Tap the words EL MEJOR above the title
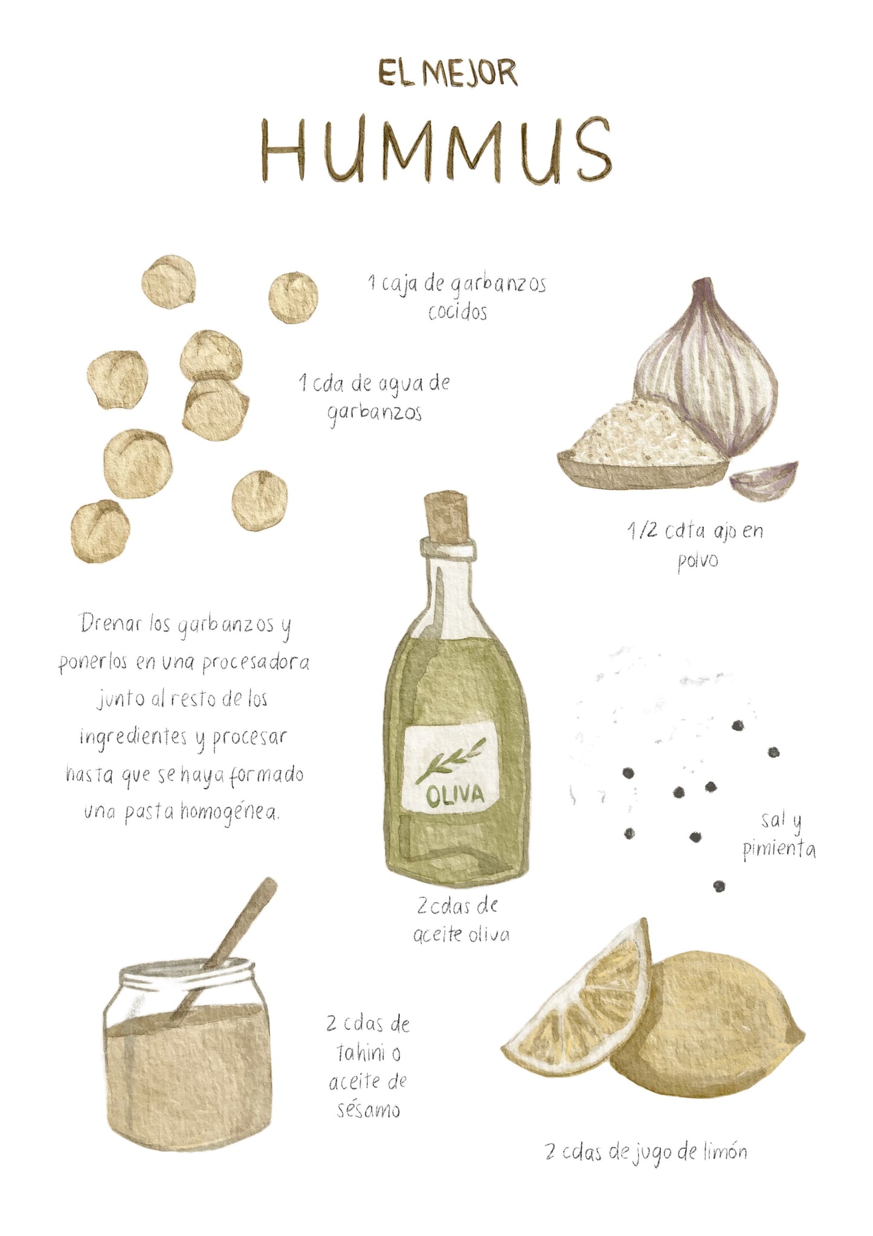pos(448,73)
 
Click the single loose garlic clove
pos(764,480)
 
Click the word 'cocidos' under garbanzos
pos(458,312)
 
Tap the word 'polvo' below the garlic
pos(698,561)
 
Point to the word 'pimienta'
pos(779,850)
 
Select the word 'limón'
pos(725,1153)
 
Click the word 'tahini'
pos(361,1054)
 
